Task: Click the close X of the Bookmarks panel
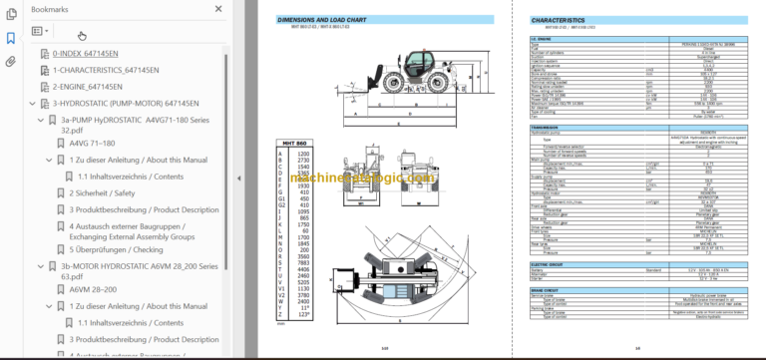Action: click(x=218, y=9)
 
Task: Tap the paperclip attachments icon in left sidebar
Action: click(x=11, y=61)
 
